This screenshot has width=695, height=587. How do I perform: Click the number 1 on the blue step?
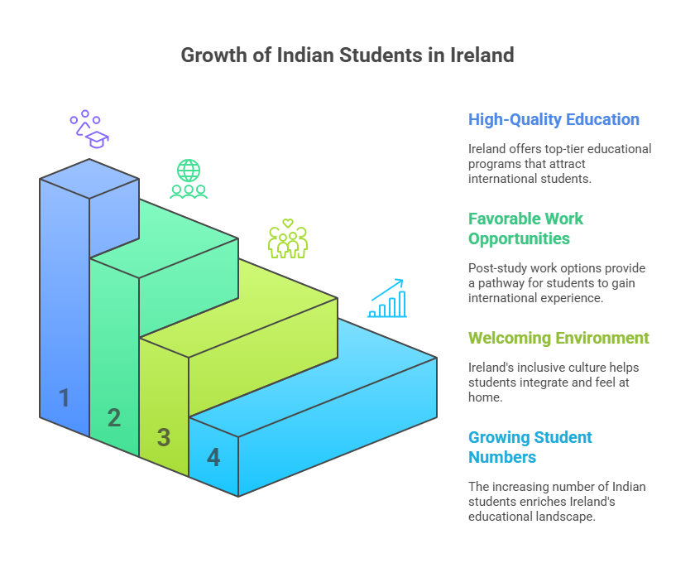[65, 397]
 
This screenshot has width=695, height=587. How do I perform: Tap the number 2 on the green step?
[114, 417]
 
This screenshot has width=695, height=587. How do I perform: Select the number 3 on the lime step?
[164, 437]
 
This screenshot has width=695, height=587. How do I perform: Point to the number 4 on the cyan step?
[213, 458]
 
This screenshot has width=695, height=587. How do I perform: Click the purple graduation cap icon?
[98, 139]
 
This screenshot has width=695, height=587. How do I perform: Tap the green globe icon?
[189, 171]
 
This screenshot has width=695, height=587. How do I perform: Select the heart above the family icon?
[288, 223]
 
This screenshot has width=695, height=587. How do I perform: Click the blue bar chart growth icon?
[387, 298]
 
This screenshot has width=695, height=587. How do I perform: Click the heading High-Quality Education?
[554, 120]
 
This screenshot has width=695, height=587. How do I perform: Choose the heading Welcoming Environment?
[558, 338]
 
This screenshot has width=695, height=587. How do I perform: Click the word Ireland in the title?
[482, 55]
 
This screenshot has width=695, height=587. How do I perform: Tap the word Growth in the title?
[214, 55]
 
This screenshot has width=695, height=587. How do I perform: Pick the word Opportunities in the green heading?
[519, 238]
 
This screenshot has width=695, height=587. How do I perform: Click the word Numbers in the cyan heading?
[502, 458]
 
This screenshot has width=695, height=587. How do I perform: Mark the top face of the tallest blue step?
[89, 178]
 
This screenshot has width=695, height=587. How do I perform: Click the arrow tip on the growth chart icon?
[402, 280]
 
